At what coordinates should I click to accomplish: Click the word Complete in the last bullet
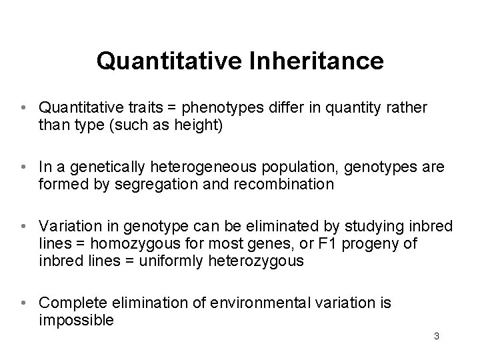67,303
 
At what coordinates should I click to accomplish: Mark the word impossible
76,320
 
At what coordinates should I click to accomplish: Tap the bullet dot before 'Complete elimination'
23,303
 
